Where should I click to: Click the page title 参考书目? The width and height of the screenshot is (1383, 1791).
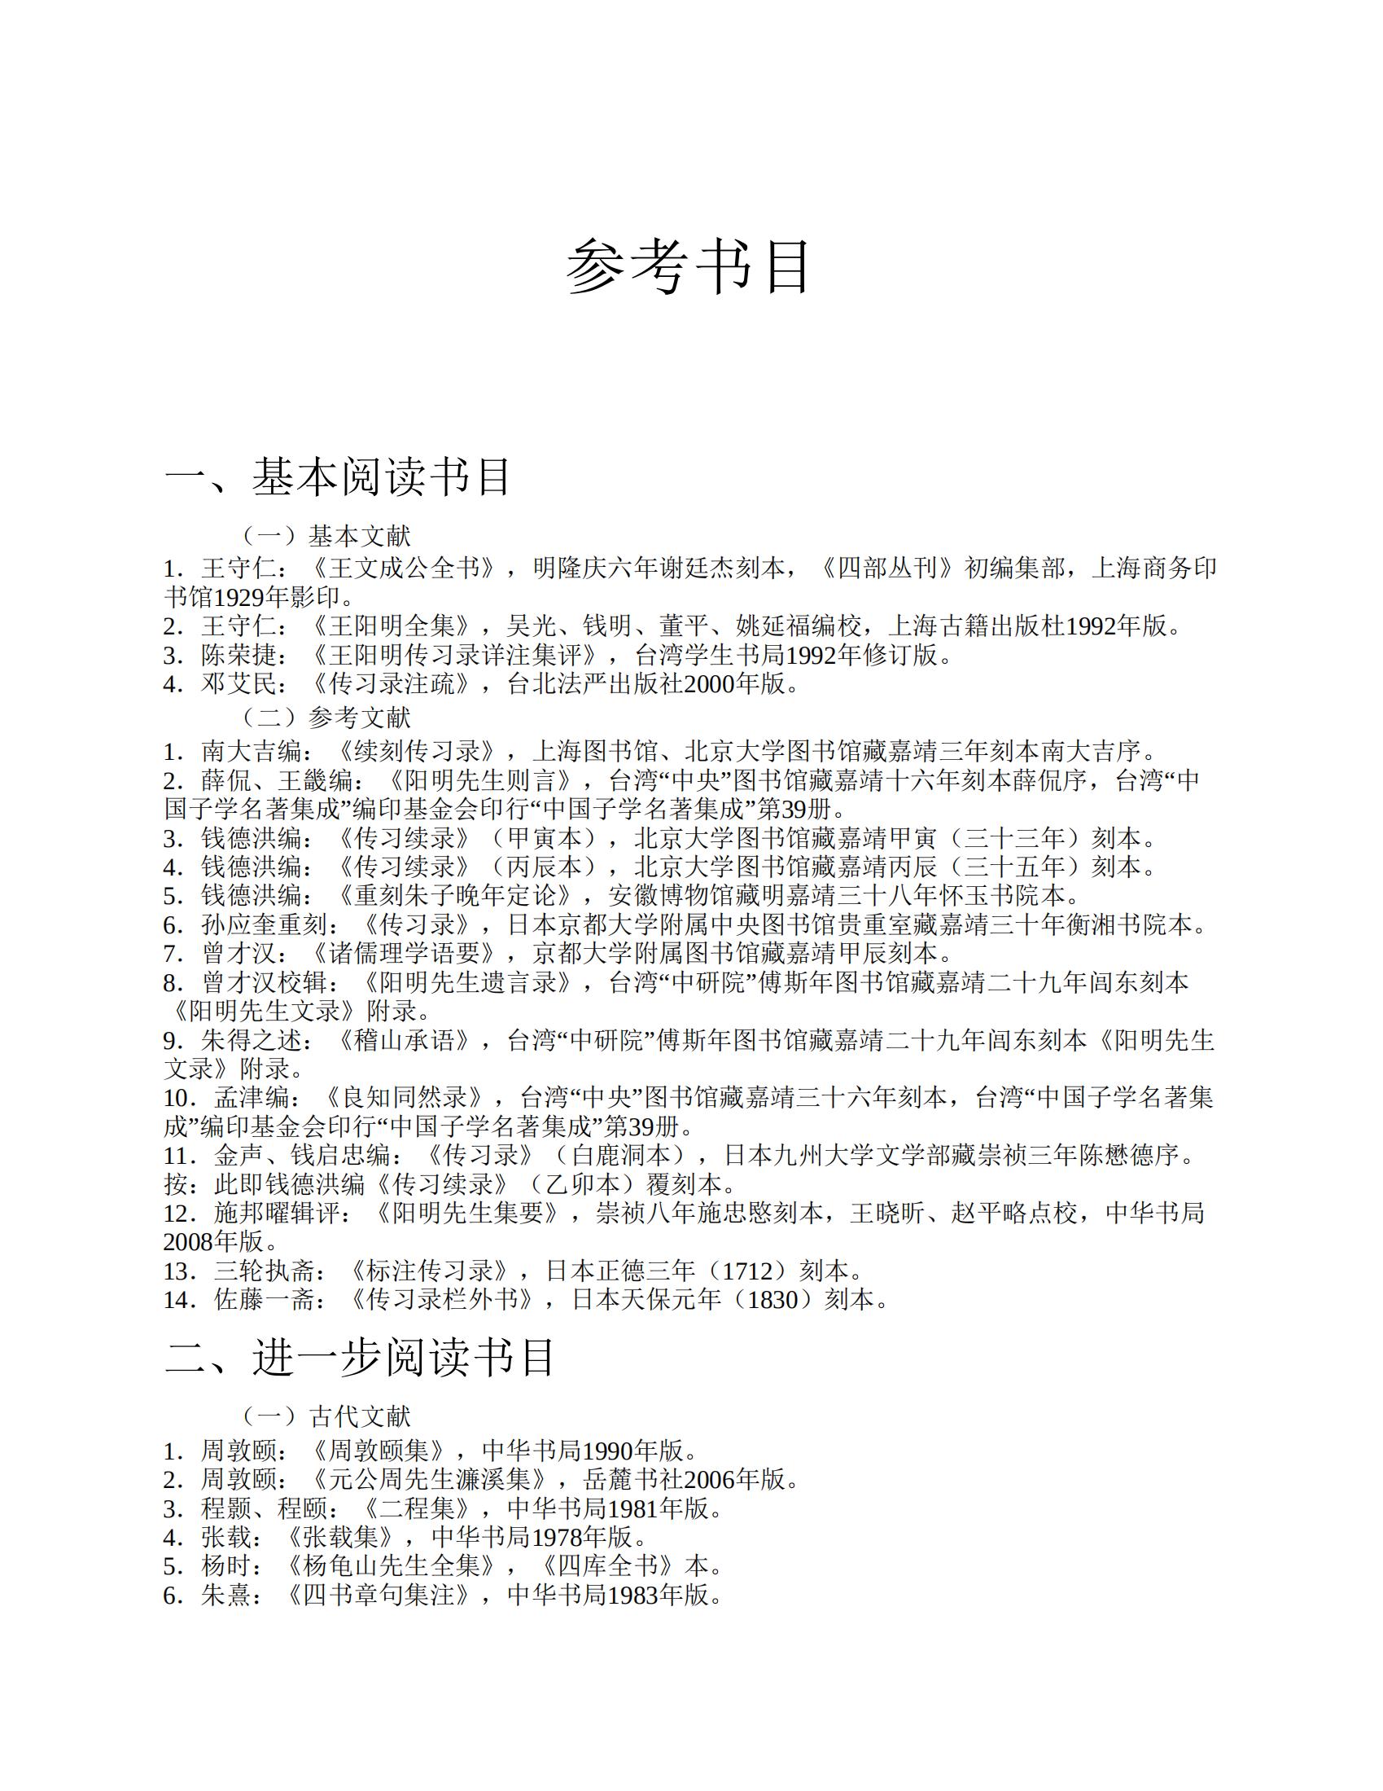tap(689, 267)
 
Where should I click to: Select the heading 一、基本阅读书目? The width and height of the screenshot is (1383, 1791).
tap(338, 476)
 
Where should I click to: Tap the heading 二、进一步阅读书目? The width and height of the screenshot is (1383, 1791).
tap(360, 1356)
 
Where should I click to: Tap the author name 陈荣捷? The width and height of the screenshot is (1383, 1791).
tap(239, 655)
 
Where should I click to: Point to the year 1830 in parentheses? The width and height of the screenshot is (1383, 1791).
tap(772, 1300)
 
